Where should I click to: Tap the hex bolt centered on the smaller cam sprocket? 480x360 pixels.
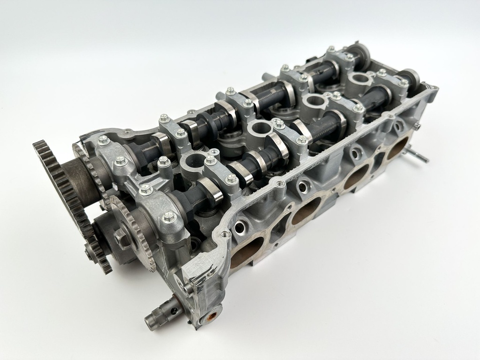tap(123, 238)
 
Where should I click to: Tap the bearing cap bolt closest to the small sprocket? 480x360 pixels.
tap(168, 216)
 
